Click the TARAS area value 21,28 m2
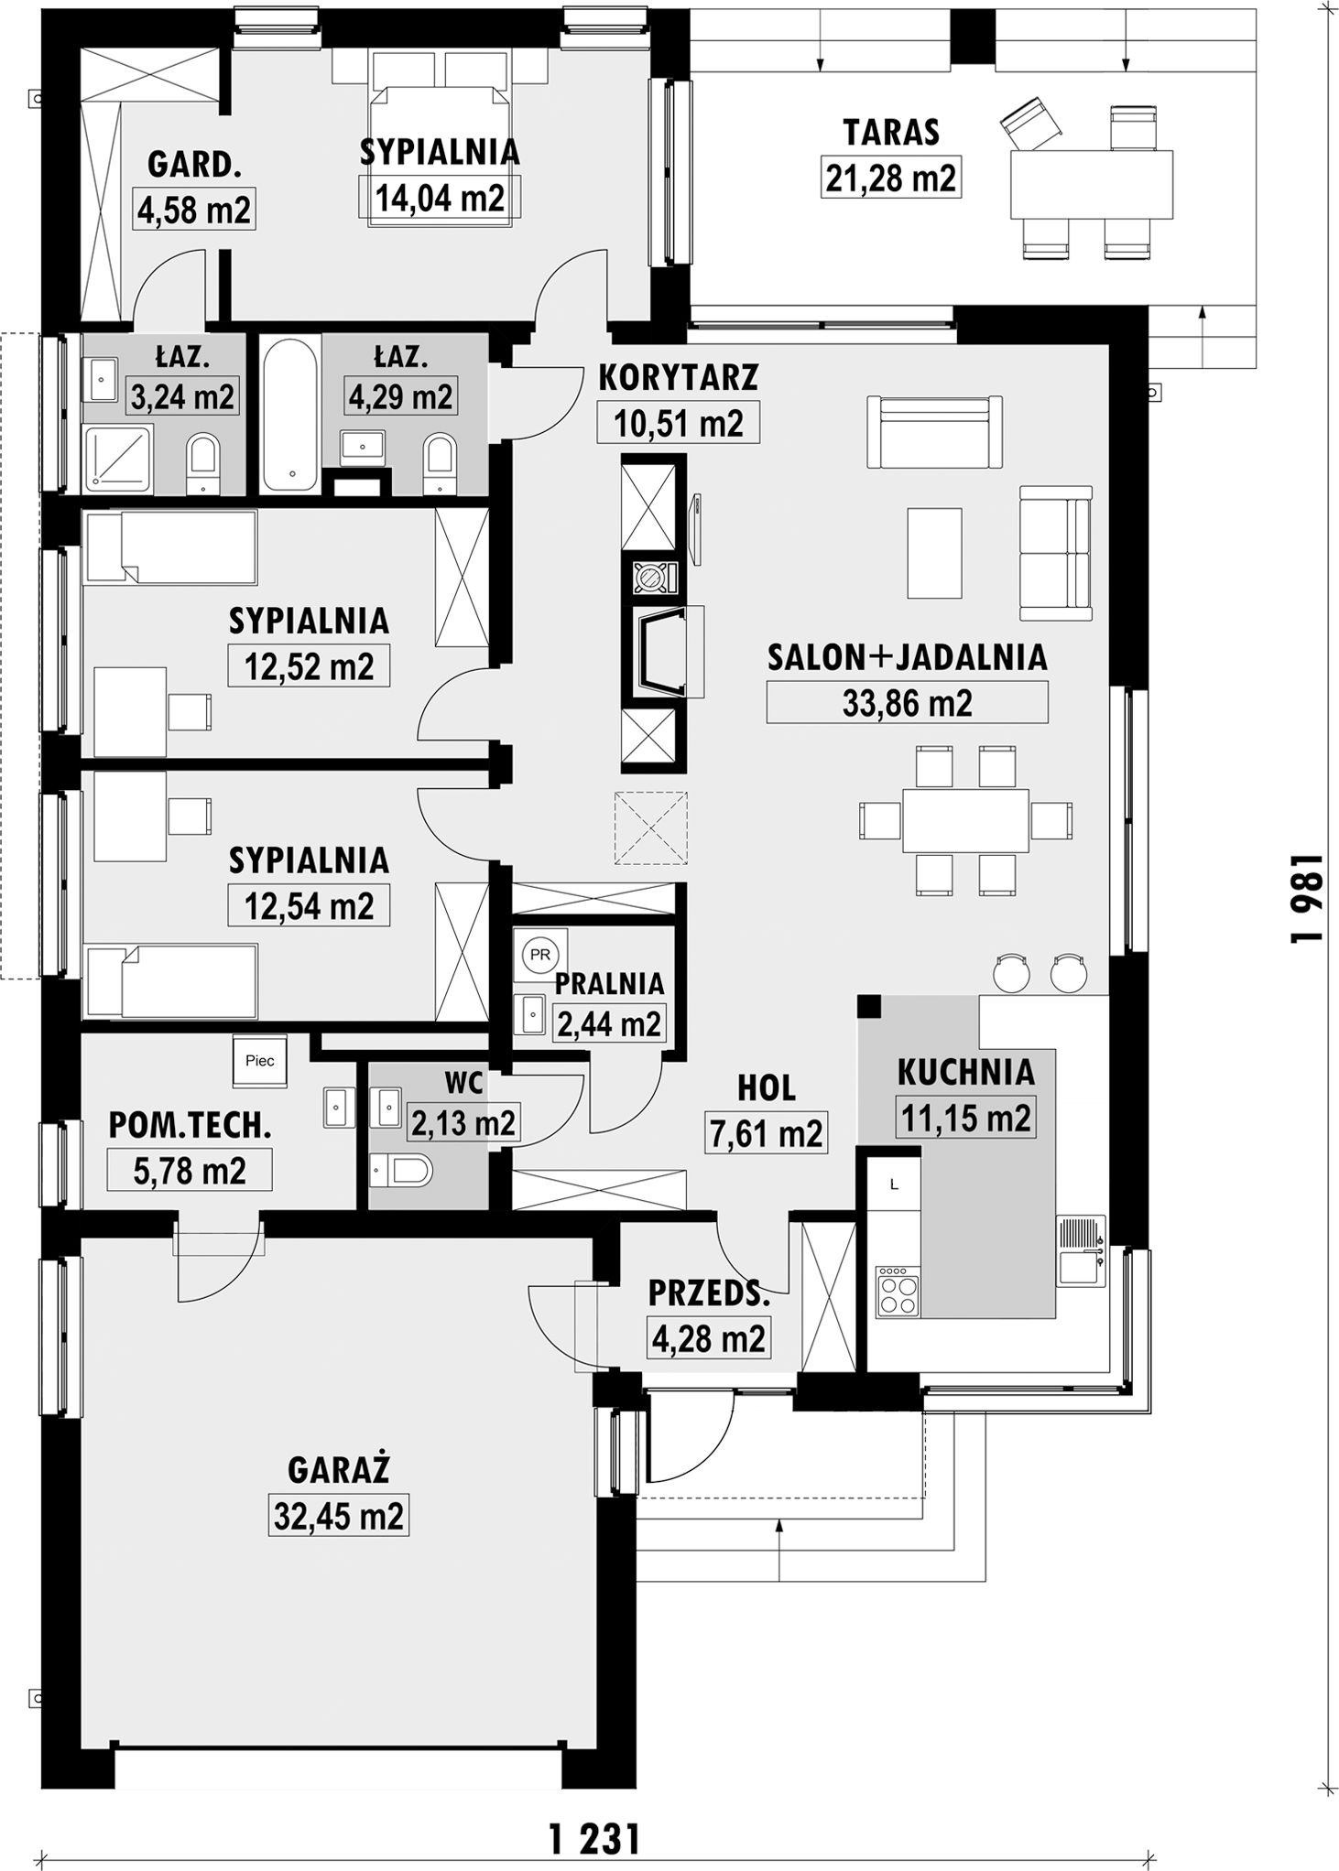(891, 178)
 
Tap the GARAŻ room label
(339, 1470)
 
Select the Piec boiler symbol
(260, 1061)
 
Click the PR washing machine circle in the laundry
(540, 955)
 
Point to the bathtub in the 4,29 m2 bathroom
(290, 414)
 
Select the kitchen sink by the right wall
(1082, 1250)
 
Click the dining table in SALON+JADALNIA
(965, 820)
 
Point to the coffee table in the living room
(934, 553)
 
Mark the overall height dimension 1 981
(1306, 897)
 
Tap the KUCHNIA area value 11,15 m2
(966, 1118)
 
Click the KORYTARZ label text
(679, 376)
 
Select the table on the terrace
(1092, 185)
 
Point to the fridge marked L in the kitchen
(895, 1184)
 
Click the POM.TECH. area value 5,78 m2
(190, 1171)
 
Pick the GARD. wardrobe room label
(194, 165)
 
